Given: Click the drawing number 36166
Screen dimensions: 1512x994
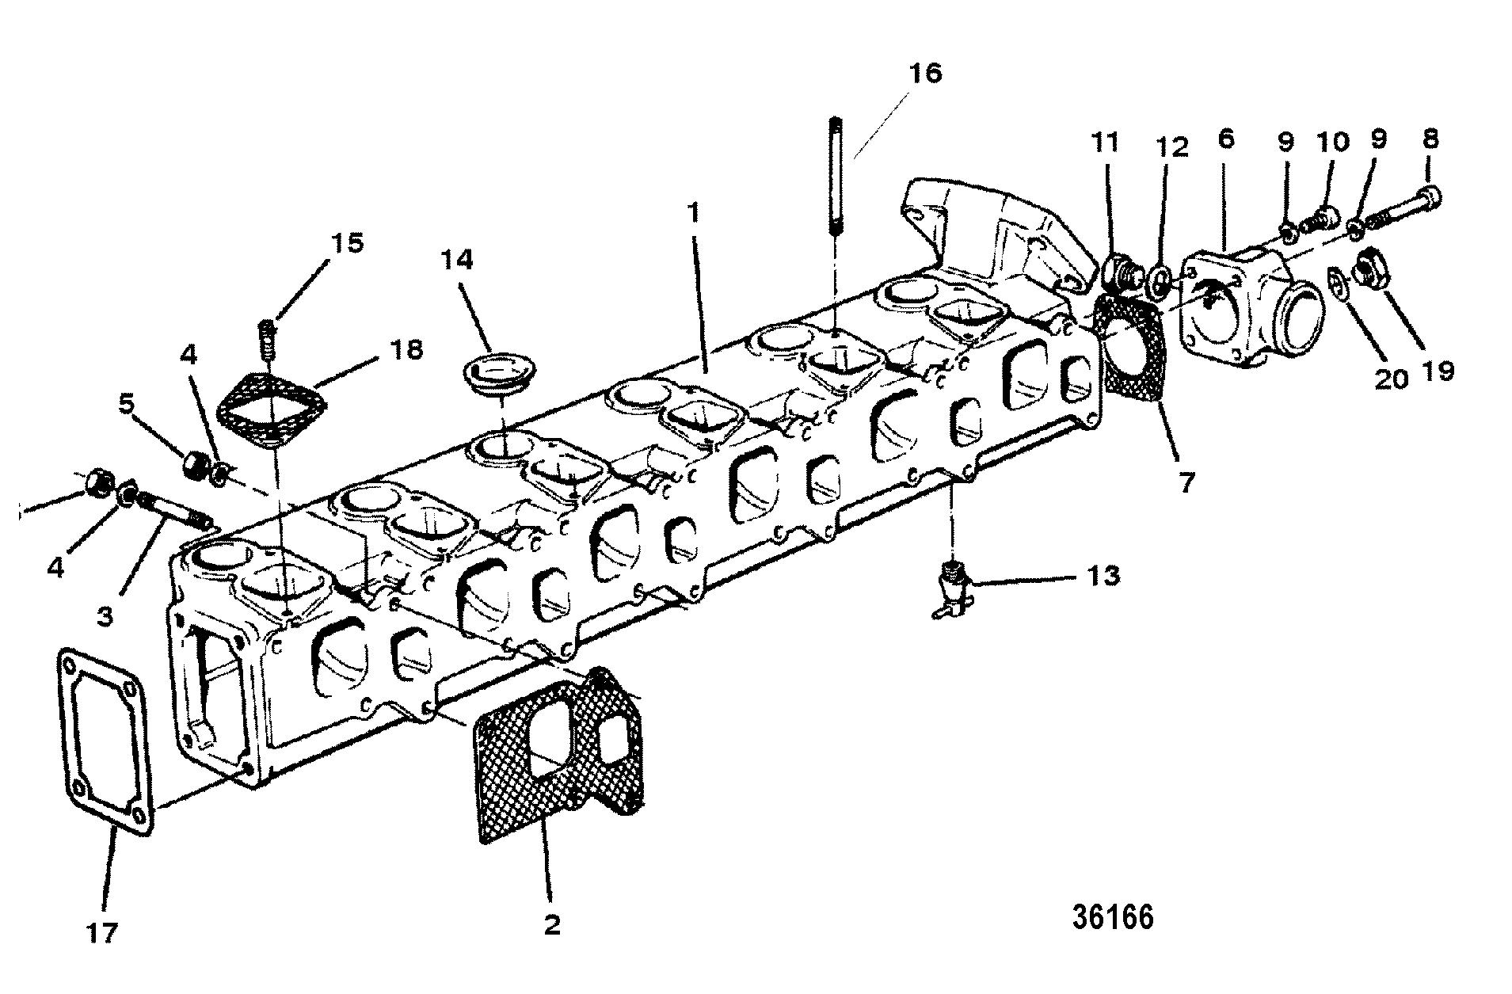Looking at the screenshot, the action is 1113,917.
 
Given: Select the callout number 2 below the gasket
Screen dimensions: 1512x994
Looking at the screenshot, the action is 552,924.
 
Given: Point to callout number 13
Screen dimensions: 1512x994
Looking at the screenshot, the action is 1103,576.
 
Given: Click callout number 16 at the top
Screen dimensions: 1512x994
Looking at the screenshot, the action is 925,73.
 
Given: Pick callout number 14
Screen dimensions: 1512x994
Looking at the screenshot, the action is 458,259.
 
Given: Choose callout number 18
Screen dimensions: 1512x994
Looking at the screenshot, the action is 406,349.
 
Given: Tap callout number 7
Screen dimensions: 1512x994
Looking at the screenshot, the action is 1186,482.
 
